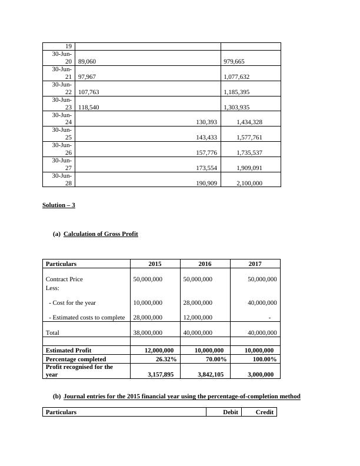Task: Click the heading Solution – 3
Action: click(x=59, y=205)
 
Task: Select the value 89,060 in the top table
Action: click(x=86, y=61)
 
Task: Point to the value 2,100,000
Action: click(x=249, y=184)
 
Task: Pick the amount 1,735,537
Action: click(x=249, y=153)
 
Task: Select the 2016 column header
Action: click(x=205, y=264)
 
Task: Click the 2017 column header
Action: click(x=255, y=264)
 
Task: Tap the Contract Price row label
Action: click(x=64, y=279)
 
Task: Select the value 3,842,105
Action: click(x=209, y=374)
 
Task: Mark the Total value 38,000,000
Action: click(x=148, y=332)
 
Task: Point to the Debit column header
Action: click(x=231, y=412)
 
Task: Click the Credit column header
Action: click(x=264, y=412)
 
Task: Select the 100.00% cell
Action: click(x=263, y=359)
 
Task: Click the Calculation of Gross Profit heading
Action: click(x=101, y=234)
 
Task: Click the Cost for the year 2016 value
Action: click(x=198, y=302)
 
